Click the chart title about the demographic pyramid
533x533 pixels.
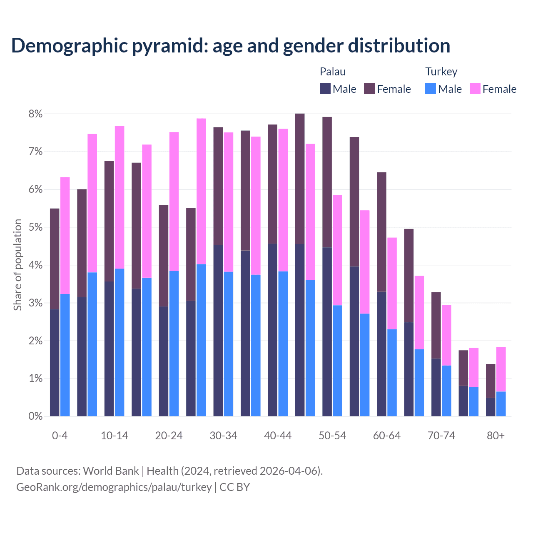tap(231, 45)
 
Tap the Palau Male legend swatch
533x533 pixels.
tap(325, 89)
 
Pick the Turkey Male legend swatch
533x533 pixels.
tap(431, 89)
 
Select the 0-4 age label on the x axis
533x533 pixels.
tap(60, 436)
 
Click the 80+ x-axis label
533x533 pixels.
tap(496, 436)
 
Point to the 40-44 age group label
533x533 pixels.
tap(278, 436)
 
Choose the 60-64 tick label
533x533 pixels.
tap(387, 436)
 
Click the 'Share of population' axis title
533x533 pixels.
tap(17, 265)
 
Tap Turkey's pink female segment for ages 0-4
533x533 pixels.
tap(65, 235)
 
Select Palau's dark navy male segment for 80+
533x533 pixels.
tap(491, 407)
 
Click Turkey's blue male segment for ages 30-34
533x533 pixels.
tap(229, 344)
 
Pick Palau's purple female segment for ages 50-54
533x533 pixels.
tap(327, 182)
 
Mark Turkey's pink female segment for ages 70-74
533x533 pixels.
tap(446, 335)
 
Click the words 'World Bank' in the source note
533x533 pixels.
tap(111, 471)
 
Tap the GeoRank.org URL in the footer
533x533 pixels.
tap(114, 487)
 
